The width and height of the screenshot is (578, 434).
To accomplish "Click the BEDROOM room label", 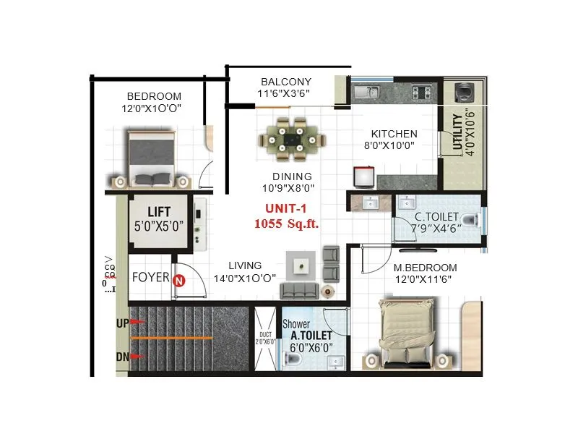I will (154, 96).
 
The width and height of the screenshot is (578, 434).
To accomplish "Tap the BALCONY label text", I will (286, 82).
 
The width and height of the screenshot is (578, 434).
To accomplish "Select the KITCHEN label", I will (394, 134).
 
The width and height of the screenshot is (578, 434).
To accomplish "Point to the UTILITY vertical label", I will (457, 134).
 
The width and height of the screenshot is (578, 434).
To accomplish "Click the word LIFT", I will (158, 211).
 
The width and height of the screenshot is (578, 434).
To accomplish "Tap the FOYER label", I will (150, 277).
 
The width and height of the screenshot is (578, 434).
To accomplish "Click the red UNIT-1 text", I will (286, 208).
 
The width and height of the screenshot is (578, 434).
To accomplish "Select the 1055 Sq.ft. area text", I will (286, 224).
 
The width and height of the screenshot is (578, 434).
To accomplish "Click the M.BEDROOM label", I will (425, 268).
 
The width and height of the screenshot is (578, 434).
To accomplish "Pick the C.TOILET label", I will (436, 217).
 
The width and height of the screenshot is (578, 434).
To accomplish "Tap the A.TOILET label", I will (311, 336).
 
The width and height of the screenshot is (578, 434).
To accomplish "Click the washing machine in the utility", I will (464, 93).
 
